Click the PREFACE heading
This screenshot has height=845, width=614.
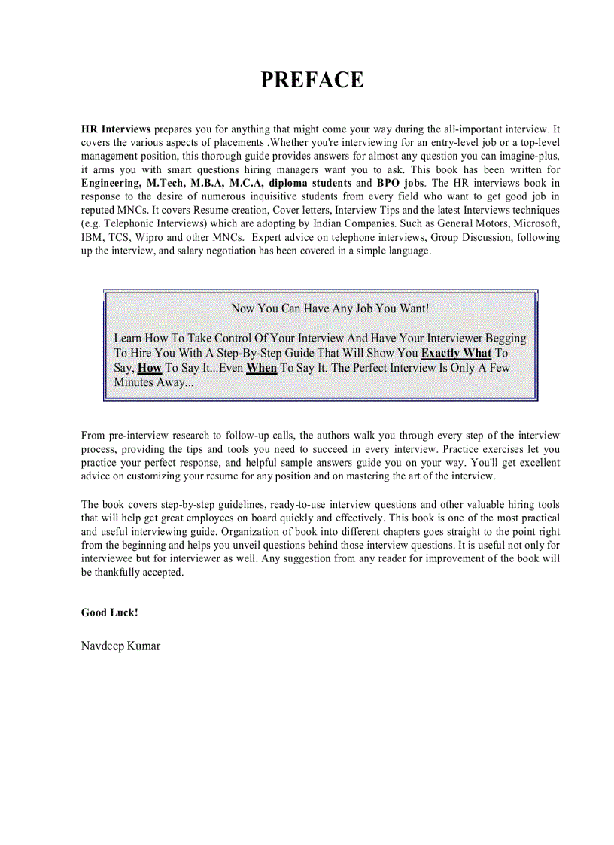coord(312,80)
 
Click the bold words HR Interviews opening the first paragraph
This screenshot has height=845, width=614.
coord(116,129)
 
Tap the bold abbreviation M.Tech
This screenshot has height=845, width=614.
coord(166,183)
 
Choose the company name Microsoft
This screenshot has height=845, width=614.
coord(533,223)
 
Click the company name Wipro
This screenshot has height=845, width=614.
coord(150,237)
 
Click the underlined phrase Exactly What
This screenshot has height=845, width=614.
coord(456,353)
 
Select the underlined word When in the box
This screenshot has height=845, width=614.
coord(261,368)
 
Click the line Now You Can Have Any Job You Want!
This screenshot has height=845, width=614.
coord(330,309)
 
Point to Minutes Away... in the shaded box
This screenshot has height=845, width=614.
coord(153,382)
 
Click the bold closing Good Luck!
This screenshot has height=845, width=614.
coord(110,612)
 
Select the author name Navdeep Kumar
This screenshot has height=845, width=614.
coord(120,646)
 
